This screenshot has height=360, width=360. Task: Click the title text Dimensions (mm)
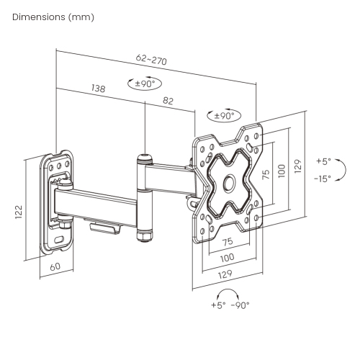click(x=53, y=16)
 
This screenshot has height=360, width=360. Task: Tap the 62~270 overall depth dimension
click(x=152, y=61)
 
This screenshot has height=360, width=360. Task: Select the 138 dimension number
click(x=98, y=89)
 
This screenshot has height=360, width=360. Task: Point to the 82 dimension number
click(x=168, y=102)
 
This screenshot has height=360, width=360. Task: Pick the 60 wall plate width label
click(x=55, y=266)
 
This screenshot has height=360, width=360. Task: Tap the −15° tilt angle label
click(x=323, y=179)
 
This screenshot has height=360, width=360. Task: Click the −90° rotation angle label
click(x=240, y=305)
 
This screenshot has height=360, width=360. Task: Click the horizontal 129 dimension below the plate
click(x=227, y=275)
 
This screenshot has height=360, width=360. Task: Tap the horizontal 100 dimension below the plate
click(x=227, y=257)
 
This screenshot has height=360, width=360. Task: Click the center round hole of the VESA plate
click(x=230, y=183)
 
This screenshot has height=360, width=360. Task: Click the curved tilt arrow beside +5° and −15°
click(x=343, y=171)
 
